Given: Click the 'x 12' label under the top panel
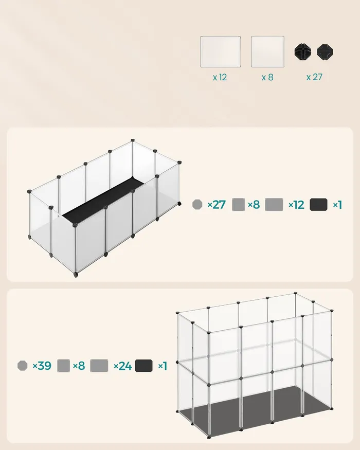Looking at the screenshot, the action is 220,77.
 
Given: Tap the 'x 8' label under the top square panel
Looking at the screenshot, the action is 267,77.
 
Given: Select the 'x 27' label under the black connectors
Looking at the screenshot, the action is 314,77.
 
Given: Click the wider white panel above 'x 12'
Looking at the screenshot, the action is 221,51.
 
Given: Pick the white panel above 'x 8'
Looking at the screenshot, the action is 268,51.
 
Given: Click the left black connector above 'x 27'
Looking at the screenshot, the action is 302,51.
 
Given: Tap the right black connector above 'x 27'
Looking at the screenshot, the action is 325,52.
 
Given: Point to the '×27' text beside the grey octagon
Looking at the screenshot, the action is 217,205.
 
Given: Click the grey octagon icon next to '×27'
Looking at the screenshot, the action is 197,204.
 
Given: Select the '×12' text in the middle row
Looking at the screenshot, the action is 296,205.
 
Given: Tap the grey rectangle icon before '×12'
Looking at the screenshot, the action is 274,205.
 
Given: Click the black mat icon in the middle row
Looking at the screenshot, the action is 318,205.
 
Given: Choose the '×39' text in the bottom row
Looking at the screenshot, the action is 42,366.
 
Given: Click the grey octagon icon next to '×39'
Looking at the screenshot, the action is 23,366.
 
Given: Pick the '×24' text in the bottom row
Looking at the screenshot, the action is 122,366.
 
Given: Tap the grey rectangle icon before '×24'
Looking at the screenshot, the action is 99,366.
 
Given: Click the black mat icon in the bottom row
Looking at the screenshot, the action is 144,366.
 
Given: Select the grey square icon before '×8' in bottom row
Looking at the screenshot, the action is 63,366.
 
